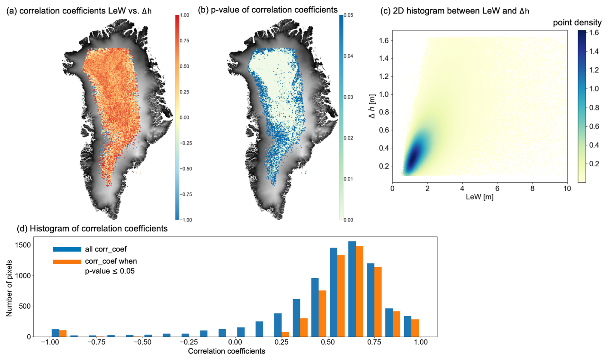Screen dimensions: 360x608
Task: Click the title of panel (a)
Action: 79,11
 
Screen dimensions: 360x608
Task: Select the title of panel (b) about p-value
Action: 268,10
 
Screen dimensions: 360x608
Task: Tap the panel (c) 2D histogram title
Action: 454,11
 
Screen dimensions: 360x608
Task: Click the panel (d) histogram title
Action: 92,228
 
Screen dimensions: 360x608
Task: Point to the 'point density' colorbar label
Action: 577,22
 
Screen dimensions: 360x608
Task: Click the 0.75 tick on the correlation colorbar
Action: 184,41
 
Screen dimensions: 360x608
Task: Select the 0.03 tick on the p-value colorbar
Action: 348,97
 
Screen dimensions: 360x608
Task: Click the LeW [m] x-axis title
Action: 479,197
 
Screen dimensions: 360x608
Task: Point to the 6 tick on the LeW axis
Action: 497,189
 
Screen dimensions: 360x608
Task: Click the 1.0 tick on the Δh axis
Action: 384,94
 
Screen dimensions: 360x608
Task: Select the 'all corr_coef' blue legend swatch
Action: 67,249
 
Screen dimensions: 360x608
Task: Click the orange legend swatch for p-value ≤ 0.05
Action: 67,262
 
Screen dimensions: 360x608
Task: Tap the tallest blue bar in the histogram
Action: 352,289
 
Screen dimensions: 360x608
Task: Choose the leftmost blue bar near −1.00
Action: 55,333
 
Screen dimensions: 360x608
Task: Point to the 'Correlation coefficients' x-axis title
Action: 227,351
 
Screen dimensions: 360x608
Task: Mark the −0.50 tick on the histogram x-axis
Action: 142,342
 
